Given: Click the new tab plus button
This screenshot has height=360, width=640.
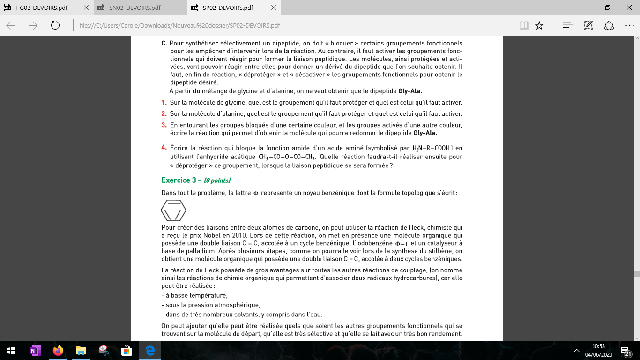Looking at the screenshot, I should pos(289,8).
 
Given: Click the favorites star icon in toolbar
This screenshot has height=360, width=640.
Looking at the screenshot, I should pos(539,25).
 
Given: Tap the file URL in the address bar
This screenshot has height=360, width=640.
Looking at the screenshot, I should pos(180,25).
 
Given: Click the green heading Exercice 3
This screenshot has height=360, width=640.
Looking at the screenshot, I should pos(182,180).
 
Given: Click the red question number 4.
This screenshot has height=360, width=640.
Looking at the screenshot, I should pos(164,147).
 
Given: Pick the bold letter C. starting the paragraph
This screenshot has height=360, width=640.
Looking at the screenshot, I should pos(164,43).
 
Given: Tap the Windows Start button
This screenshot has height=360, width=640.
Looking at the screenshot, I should pos(11,351).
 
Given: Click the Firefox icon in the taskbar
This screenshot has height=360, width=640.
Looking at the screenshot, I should pos(58,351).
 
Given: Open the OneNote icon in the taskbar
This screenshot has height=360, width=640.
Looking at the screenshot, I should pos(35,351).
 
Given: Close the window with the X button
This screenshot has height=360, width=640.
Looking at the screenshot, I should pos(629,8).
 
